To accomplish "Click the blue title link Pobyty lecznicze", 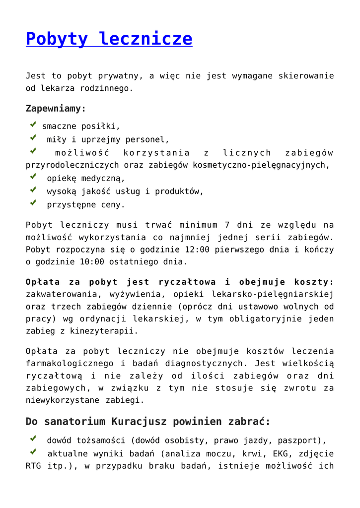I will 109,39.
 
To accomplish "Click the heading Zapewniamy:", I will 56,108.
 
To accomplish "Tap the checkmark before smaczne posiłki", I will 33,126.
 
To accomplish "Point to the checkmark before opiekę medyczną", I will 33,176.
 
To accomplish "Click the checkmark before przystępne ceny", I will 33,202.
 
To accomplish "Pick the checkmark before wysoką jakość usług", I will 33,189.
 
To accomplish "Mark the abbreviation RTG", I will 35,466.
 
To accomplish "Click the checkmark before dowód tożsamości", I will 33,439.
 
